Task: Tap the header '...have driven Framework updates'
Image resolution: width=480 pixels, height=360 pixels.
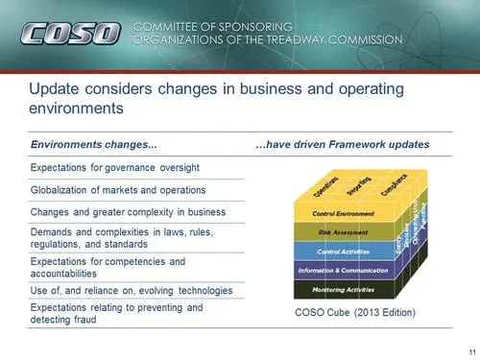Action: (342, 144)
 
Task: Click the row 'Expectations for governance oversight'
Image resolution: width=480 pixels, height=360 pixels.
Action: (107, 168)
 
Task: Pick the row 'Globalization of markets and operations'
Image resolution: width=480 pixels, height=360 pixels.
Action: (111, 190)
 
